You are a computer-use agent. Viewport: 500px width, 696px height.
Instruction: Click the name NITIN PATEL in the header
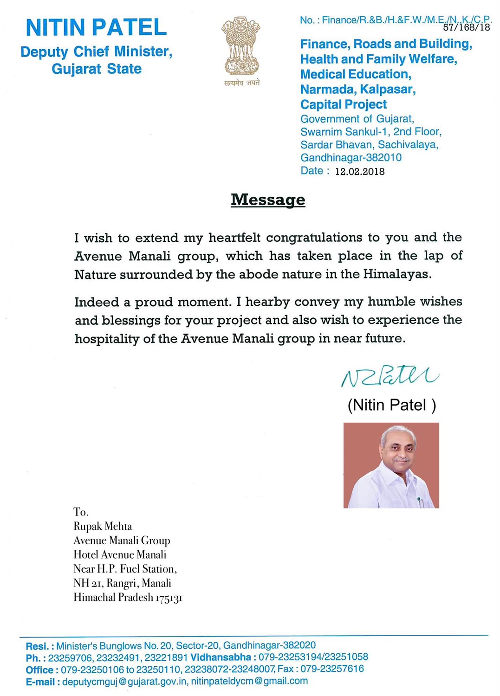(96, 27)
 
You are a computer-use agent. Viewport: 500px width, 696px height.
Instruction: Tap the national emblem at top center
(240, 46)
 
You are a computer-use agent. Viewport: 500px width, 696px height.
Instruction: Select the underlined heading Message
(268, 200)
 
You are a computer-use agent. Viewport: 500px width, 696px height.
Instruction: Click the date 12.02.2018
(360, 172)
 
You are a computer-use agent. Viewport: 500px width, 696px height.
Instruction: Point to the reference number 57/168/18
(466, 27)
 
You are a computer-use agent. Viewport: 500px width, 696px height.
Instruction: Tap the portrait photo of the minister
(391, 465)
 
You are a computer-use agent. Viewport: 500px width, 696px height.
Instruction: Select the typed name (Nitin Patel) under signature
(391, 405)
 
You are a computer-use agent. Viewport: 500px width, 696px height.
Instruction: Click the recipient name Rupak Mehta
(103, 526)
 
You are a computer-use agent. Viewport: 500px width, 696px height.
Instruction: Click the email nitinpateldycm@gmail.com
(249, 681)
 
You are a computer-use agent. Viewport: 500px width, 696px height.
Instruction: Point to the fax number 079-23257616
(332, 669)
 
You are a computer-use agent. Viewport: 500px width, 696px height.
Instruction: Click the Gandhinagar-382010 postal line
(351, 158)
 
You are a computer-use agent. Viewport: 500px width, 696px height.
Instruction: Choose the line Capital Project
(343, 104)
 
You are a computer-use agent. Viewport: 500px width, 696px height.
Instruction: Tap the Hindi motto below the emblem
(241, 83)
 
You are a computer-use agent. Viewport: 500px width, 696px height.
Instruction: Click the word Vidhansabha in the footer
(221, 657)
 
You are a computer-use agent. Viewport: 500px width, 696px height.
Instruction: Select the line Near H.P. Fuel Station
(125, 569)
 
